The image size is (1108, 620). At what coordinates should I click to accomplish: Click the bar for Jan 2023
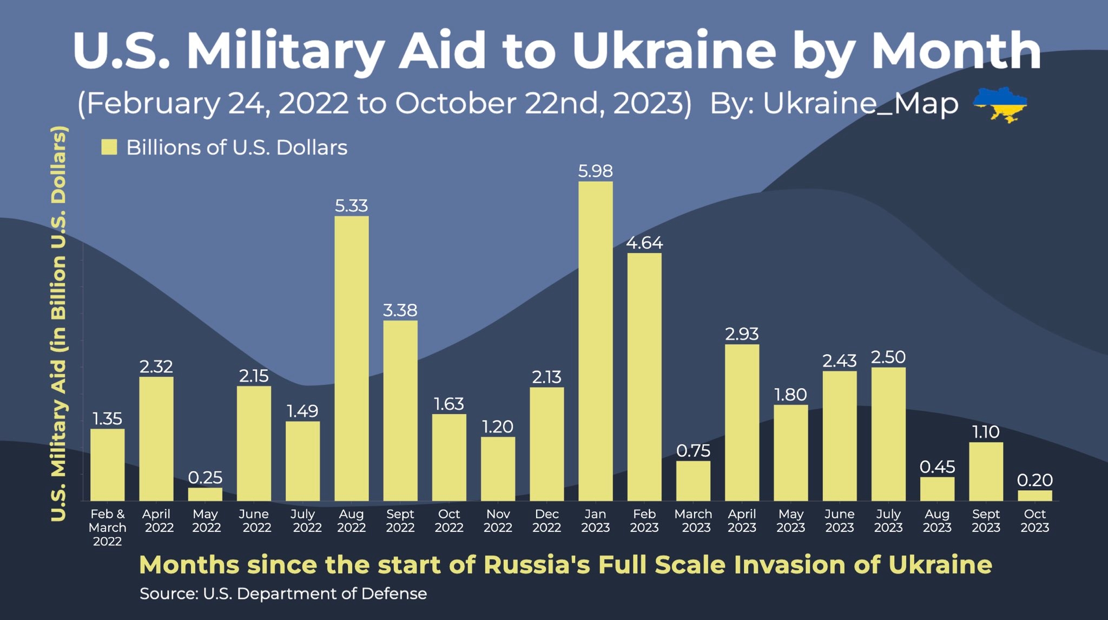[595, 341]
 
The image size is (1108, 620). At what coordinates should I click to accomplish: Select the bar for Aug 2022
[352, 358]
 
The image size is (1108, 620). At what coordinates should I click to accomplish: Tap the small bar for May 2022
[205, 494]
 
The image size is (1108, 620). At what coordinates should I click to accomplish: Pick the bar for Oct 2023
[1034, 495]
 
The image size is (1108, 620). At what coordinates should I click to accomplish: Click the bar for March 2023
[693, 481]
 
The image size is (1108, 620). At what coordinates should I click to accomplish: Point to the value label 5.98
[595, 171]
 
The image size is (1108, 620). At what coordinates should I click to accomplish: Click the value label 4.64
[644, 243]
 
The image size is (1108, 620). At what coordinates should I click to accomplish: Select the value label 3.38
[400, 310]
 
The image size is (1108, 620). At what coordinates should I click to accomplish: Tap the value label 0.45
[937, 466]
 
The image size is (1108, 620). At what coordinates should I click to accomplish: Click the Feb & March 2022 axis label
[107, 527]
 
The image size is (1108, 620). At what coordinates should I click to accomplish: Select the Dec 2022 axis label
[546, 521]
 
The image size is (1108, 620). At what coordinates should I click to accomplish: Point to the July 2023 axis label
[888, 521]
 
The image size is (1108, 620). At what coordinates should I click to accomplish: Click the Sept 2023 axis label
[986, 521]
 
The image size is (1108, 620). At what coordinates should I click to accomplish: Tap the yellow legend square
[109, 147]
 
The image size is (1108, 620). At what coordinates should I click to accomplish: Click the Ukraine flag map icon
[1000, 104]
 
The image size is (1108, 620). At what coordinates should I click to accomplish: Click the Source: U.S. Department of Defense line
[283, 594]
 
